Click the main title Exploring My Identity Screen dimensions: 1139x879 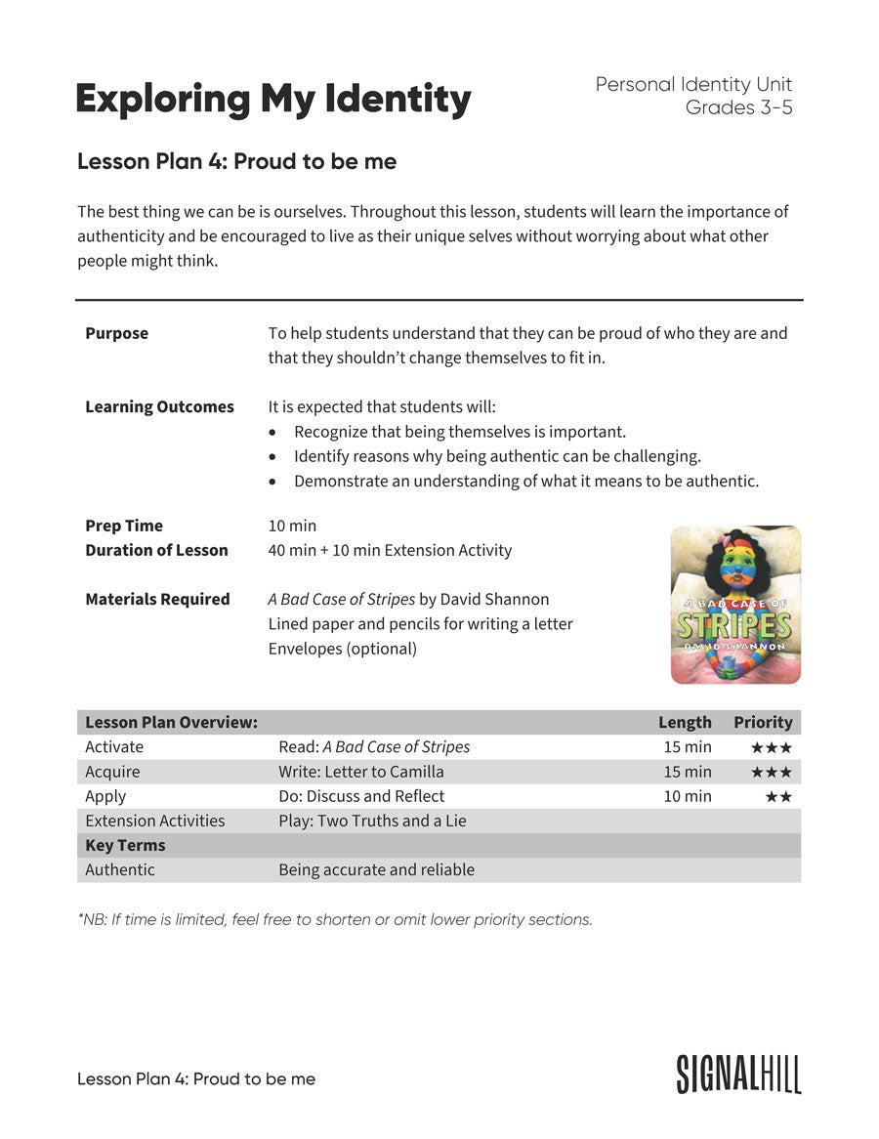click(x=272, y=100)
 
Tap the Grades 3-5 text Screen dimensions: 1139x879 click(x=738, y=107)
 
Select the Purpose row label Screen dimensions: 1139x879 click(x=116, y=333)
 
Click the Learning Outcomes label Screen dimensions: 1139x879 click(x=159, y=406)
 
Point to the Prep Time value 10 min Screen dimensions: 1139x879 click(x=292, y=526)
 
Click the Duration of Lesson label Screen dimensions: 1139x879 click(x=156, y=550)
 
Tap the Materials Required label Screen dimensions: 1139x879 click(x=157, y=599)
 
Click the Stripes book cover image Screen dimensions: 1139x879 click(x=735, y=605)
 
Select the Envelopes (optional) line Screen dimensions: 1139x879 click(x=342, y=649)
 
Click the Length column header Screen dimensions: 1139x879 click(x=685, y=722)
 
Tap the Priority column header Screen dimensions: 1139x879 click(x=763, y=722)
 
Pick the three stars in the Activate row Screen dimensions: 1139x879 click(x=772, y=747)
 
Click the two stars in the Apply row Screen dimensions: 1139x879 click(x=778, y=797)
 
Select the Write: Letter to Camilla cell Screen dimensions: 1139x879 click(x=360, y=772)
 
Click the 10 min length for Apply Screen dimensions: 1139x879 click(x=688, y=796)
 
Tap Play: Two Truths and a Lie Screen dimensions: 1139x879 click(x=372, y=821)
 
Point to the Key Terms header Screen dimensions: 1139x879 click(x=125, y=845)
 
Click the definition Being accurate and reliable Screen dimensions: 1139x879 click(x=376, y=869)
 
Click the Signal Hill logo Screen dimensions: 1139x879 click(x=738, y=1074)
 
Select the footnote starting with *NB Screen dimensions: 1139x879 click(x=334, y=919)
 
